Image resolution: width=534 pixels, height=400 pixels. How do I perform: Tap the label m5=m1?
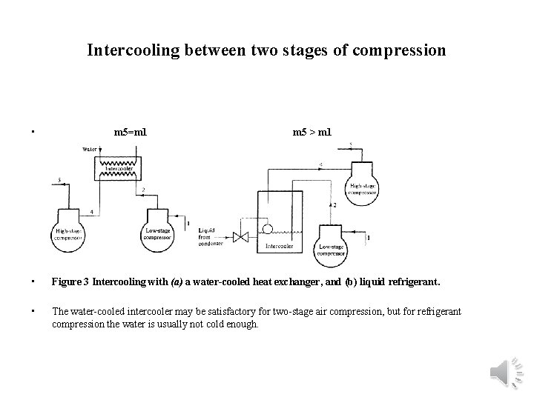tap(130, 133)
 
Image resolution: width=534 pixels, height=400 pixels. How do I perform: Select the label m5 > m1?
tap(312, 133)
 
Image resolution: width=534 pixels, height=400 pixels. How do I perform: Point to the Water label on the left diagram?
tap(90, 150)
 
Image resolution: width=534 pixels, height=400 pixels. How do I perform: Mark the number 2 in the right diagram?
tap(335, 204)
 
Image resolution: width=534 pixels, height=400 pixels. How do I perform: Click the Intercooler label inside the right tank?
tap(279, 245)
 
